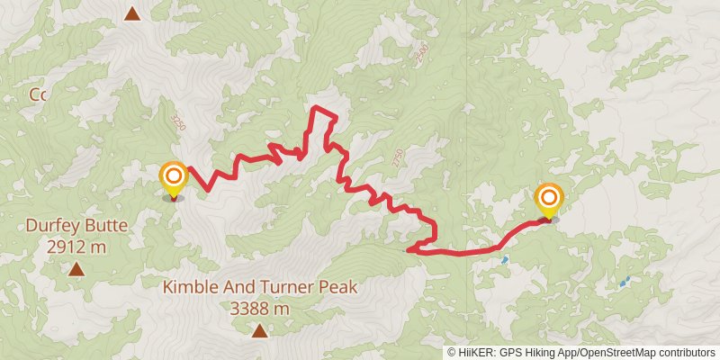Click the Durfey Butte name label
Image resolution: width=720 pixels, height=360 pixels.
(x=76, y=225)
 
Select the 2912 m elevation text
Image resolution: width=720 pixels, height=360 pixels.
(x=76, y=245)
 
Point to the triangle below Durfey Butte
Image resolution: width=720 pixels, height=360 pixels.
(x=76, y=268)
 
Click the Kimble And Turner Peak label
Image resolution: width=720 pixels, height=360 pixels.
(x=260, y=288)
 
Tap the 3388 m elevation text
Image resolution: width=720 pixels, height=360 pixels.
(x=260, y=308)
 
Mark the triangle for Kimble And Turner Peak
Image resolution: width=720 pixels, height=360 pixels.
(x=260, y=331)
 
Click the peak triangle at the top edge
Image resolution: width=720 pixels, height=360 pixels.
(x=132, y=13)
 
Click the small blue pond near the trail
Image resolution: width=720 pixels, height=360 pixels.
(x=505, y=260)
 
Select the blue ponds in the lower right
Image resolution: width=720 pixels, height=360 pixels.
(x=624, y=282)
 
